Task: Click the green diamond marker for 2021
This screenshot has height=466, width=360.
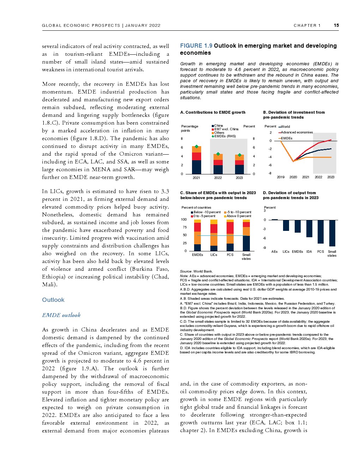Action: pyautogui.click(x=197, y=147)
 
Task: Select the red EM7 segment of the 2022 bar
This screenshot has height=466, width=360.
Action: pyautogui.click(x=218, y=162)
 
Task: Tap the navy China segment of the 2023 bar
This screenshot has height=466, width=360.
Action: pyautogui.click(x=240, y=169)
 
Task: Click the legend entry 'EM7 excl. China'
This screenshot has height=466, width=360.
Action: pyautogui.click(x=226, y=129)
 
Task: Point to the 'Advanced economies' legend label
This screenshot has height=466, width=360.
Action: pyautogui.click(x=297, y=132)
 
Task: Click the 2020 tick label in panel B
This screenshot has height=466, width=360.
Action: pyautogui.click(x=293, y=177)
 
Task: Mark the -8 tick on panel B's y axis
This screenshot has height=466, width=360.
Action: pyautogui.click(x=270, y=173)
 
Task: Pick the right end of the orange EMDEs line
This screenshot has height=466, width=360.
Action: pyautogui.click(x=331, y=157)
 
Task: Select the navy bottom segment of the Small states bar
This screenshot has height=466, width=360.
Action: pyautogui.click(x=246, y=243)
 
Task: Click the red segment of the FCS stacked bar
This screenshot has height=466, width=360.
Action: pyautogui.click(x=230, y=228)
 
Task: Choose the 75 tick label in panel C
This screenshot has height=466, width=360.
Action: pyautogui.click(x=185, y=227)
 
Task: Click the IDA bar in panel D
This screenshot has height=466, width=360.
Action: pyautogui.click(x=309, y=228)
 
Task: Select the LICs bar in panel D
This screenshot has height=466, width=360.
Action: pyautogui.click(x=286, y=225)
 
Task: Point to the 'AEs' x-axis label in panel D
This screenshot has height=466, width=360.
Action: pyautogui.click(x=274, y=252)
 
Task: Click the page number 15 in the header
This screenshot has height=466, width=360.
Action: pyautogui.click(x=336, y=25)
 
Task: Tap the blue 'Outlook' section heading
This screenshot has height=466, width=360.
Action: pyautogui.click(x=53, y=300)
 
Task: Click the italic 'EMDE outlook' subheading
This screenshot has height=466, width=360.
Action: pyautogui.click(x=61, y=315)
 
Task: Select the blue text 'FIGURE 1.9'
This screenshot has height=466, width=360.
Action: pyautogui.click(x=196, y=46)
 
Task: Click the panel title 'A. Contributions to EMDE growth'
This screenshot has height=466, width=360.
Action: pyautogui.click(x=213, y=112)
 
